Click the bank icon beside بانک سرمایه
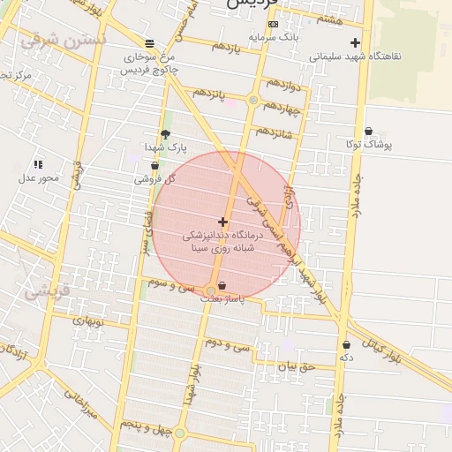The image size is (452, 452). (x=273, y=24)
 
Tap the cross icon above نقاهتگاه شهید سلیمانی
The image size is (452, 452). (x=355, y=41)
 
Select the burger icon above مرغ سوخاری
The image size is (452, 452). (x=149, y=43)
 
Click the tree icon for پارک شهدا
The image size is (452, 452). (x=165, y=134)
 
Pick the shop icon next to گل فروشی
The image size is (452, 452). (x=155, y=165)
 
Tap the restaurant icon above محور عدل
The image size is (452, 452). (x=38, y=164)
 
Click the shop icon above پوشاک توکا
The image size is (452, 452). (x=368, y=131)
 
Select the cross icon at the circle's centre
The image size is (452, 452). (x=222, y=222)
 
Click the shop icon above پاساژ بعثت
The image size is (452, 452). (x=221, y=285)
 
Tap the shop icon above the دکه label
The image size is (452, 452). (x=346, y=344)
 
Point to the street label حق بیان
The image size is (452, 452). (x=296, y=365)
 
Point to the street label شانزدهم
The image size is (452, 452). (x=274, y=130)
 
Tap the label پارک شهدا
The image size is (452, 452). (x=166, y=147)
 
